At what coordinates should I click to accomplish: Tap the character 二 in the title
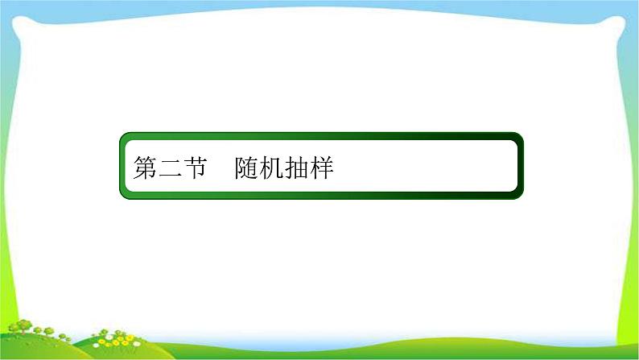[x=170, y=168]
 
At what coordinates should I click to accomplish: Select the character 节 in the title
[x=195, y=168]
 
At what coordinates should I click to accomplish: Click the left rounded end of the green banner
[x=124, y=167]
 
